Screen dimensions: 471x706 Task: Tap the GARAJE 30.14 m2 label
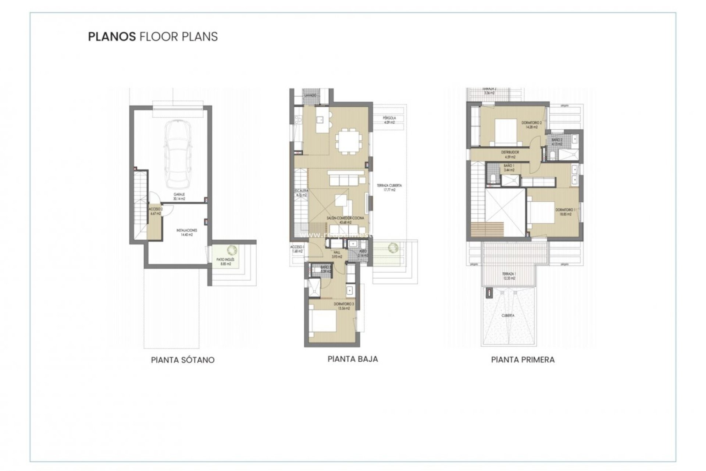[179, 196]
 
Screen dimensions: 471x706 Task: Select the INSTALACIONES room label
[187, 232]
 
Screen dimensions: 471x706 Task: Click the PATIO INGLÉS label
[225, 262]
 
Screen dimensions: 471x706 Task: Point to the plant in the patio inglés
[232, 250]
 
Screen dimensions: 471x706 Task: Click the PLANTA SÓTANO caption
[183, 360]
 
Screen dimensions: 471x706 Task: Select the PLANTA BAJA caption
[353, 359]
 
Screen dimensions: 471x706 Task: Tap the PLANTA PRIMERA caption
[523, 360]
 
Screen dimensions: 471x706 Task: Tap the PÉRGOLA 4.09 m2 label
[389, 120]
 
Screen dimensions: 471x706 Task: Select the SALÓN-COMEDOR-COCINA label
[345, 220]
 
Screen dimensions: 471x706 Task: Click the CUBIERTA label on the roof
[508, 316]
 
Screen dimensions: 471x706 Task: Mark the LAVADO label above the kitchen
[310, 96]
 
